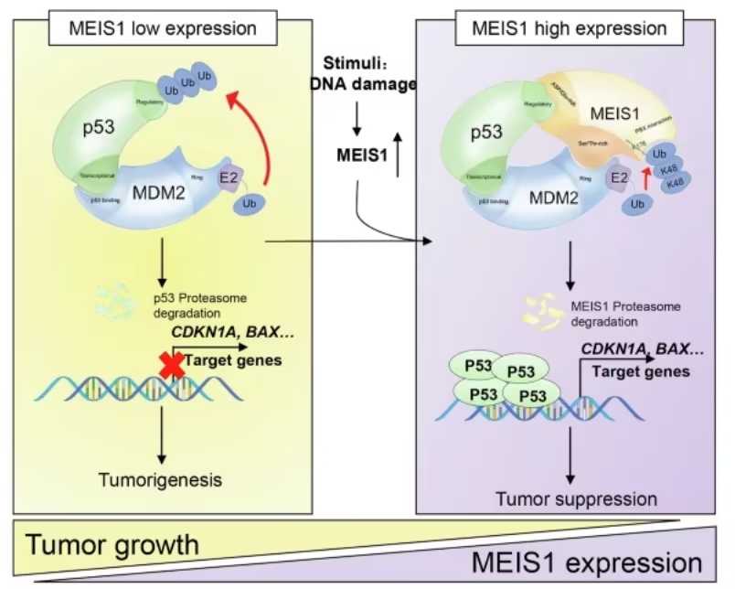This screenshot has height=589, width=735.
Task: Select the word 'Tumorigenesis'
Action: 161,478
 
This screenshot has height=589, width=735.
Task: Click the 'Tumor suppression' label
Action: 576,498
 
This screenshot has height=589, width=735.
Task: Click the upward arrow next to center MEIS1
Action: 399,155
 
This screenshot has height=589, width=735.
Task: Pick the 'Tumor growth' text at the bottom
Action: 112,545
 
